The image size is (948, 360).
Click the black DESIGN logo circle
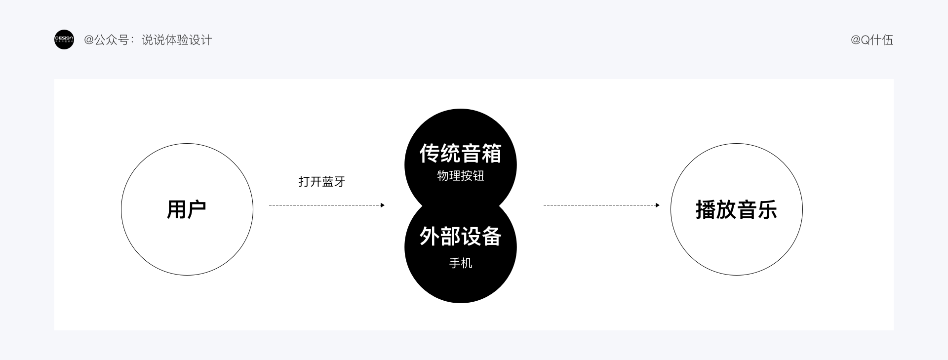click(x=64, y=40)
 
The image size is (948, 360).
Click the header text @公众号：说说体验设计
click(x=148, y=40)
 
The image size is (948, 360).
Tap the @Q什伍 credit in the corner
click(x=871, y=40)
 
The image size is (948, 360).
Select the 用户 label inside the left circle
click(x=187, y=210)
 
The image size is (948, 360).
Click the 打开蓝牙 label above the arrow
click(x=322, y=182)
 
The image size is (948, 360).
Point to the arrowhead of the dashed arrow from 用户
click(x=382, y=205)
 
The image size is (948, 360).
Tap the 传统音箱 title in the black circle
click(x=460, y=154)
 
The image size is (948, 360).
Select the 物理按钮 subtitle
click(x=460, y=176)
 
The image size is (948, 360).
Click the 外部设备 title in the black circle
click(x=460, y=237)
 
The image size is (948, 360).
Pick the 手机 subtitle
click(x=460, y=263)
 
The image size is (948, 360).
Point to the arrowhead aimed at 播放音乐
click(x=657, y=205)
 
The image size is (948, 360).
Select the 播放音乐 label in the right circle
click(x=736, y=210)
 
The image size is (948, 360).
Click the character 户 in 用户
click(x=197, y=210)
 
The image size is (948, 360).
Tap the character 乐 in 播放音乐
click(x=767, y=210)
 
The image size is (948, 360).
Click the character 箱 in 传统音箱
click(x=491, y=154)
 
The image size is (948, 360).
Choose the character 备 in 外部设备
click(x=491, y=237)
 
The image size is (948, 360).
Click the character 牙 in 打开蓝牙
click(x=340, y=182)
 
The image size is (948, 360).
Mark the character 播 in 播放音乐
click(x=706, y=210)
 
